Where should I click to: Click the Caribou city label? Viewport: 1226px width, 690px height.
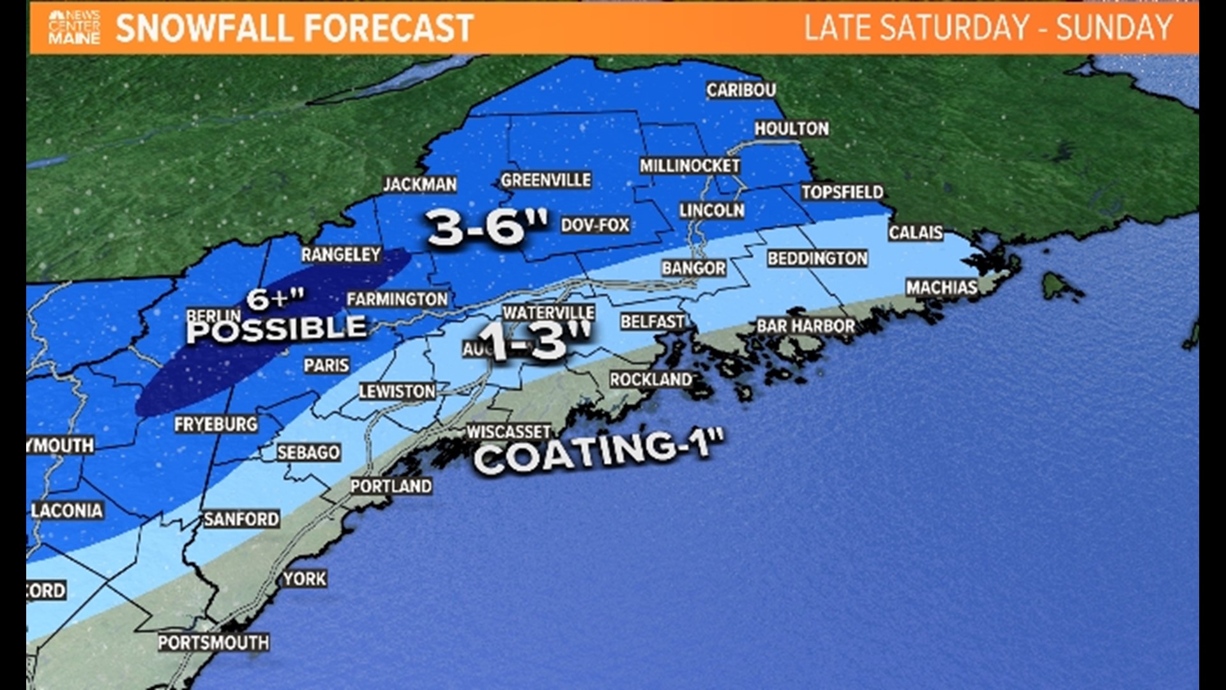coord(741,90)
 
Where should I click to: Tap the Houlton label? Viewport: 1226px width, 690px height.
coord(791,128)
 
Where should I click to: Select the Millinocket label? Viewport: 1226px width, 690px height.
coord(690,165)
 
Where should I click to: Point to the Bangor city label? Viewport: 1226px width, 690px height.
coord(693,268)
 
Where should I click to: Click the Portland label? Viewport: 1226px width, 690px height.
coord(391,486)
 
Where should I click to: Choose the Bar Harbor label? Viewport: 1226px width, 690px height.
coord(805,326)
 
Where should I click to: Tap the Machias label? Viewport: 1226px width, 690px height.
coord(941,287)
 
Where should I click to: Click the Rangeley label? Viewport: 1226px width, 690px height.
coord(341,254)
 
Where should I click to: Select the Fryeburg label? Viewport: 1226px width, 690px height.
coord(216,424)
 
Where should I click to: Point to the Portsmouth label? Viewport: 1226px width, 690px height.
coord(213,642)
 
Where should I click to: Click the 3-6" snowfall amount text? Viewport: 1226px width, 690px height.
coord(487,227)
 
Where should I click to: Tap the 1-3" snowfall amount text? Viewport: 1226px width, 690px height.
coord(535,341)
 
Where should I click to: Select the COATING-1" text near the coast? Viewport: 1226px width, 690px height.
coord(598,450)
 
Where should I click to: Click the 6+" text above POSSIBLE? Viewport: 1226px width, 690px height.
coord(275,298)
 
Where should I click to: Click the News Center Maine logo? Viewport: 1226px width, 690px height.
coord(74,27)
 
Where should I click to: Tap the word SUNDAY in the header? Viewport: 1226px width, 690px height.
coord(1114,27)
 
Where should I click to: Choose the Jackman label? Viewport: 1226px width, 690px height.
coord(420,185)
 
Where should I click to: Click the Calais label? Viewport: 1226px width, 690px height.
coord(915,232)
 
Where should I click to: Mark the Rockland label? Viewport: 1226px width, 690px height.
coord(650,379)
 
